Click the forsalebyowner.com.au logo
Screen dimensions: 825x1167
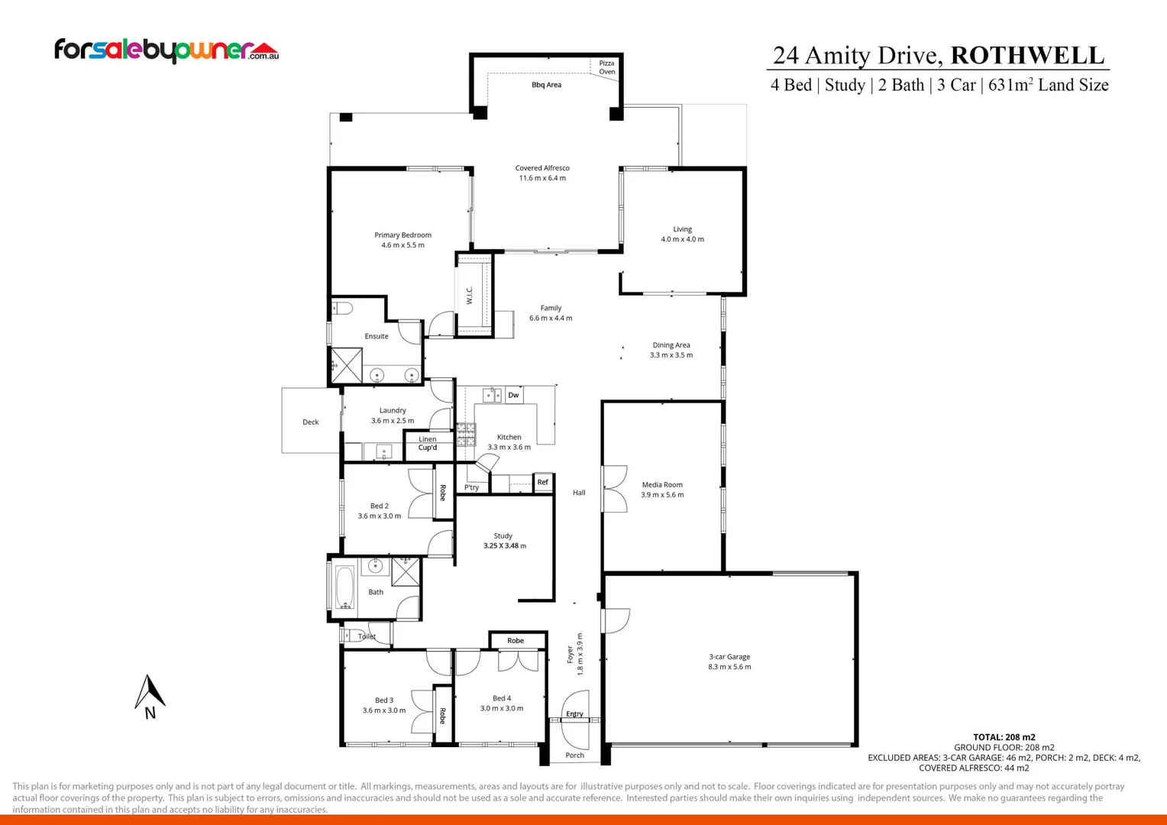(166, 50)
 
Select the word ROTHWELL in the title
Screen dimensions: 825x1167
(1027, 56)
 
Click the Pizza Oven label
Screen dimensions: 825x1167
(606, 67)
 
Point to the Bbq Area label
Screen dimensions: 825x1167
(546, 85)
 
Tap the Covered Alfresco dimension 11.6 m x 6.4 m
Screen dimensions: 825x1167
(542, 178)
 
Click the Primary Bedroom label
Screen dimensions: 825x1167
(402, 235)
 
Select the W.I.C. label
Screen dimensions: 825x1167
(470, 295)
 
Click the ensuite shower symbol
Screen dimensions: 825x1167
(346, 365)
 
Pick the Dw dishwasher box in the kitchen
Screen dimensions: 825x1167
(513, 395)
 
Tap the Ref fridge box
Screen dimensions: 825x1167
(542, 482)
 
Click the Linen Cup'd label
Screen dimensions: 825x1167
(428, 443)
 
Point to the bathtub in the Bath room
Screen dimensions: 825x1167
(344, 587)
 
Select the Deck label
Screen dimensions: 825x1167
(310, 422)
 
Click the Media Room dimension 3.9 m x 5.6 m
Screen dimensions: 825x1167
(662, 495)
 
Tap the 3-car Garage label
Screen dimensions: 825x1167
(729, 657)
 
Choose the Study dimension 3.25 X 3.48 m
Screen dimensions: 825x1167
(504, 545)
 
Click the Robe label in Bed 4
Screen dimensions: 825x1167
(516, 641)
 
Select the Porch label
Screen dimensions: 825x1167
(574, 755)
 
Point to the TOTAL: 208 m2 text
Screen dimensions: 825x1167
(1004, 737)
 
